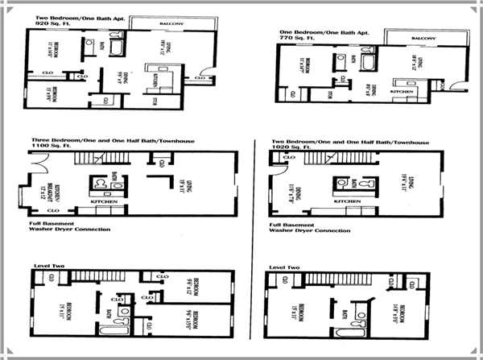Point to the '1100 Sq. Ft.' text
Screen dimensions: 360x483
click(47, 147)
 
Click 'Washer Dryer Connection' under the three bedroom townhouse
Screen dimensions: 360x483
click(69, 230)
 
